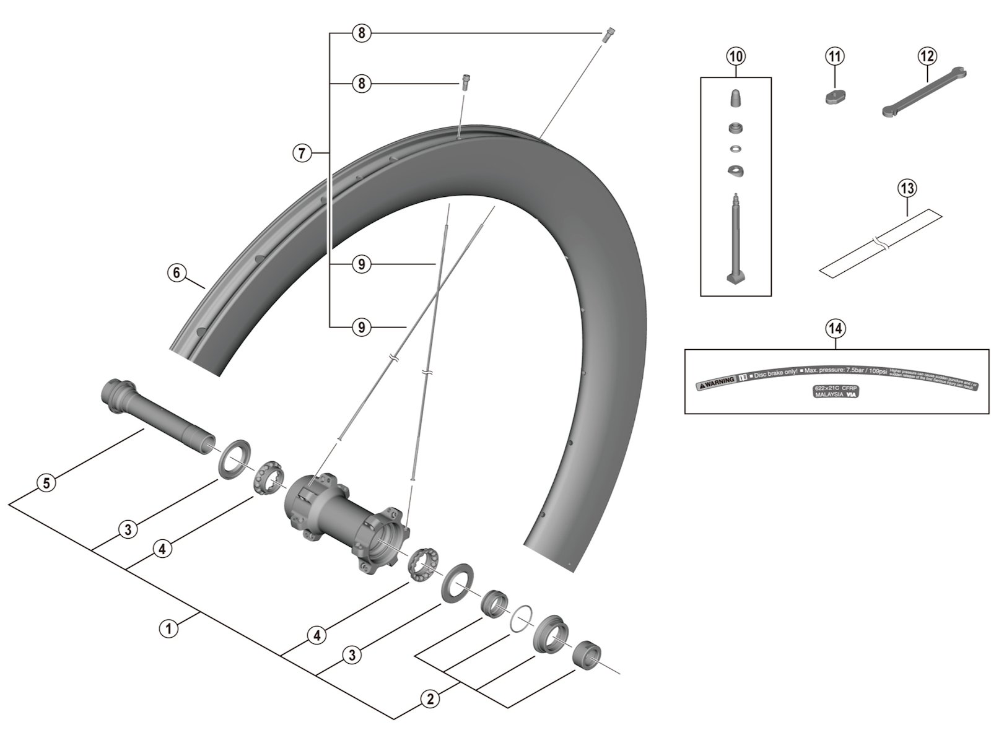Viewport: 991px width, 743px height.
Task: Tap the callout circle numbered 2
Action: click(x=429, y=699)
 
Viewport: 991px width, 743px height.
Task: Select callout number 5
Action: click(x=46, y=482)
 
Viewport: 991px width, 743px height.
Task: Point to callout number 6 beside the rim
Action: click(x=177, y=272)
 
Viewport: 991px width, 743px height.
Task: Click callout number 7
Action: click(x=302, y=152)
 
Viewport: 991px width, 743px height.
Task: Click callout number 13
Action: click(x=907, y=188)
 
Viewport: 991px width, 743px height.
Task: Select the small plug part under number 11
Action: click(x=835, y=97)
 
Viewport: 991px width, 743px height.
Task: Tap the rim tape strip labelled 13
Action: click(x=880, y=244)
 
